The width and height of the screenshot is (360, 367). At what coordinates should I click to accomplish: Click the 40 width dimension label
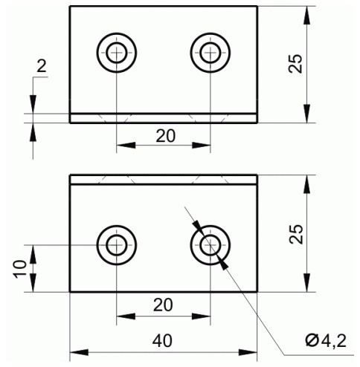162,341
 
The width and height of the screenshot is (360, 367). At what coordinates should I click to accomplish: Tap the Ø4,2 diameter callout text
326,341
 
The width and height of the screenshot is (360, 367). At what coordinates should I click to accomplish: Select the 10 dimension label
21,269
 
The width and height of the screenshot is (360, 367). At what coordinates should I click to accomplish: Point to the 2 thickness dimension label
42,66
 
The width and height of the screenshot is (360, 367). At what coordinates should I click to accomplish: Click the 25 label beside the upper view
296,63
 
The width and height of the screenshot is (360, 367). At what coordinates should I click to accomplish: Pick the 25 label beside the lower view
296,234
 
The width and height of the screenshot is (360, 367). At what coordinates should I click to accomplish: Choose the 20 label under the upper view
165,136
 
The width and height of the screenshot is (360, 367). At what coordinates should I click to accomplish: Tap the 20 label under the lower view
163,305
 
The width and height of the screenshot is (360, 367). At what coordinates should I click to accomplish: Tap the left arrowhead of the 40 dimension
79,352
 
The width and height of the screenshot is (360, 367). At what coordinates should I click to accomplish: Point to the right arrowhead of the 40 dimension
248,352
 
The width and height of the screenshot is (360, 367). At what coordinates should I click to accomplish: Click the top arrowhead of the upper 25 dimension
307,16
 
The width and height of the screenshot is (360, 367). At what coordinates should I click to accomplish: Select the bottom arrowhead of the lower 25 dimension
307,283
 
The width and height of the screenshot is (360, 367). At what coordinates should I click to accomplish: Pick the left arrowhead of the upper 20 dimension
126,145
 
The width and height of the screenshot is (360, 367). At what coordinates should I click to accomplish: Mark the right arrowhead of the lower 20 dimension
201,316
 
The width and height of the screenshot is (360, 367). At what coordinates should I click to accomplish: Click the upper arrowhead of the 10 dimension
33,254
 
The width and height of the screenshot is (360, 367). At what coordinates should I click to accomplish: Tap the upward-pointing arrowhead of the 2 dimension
33,132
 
